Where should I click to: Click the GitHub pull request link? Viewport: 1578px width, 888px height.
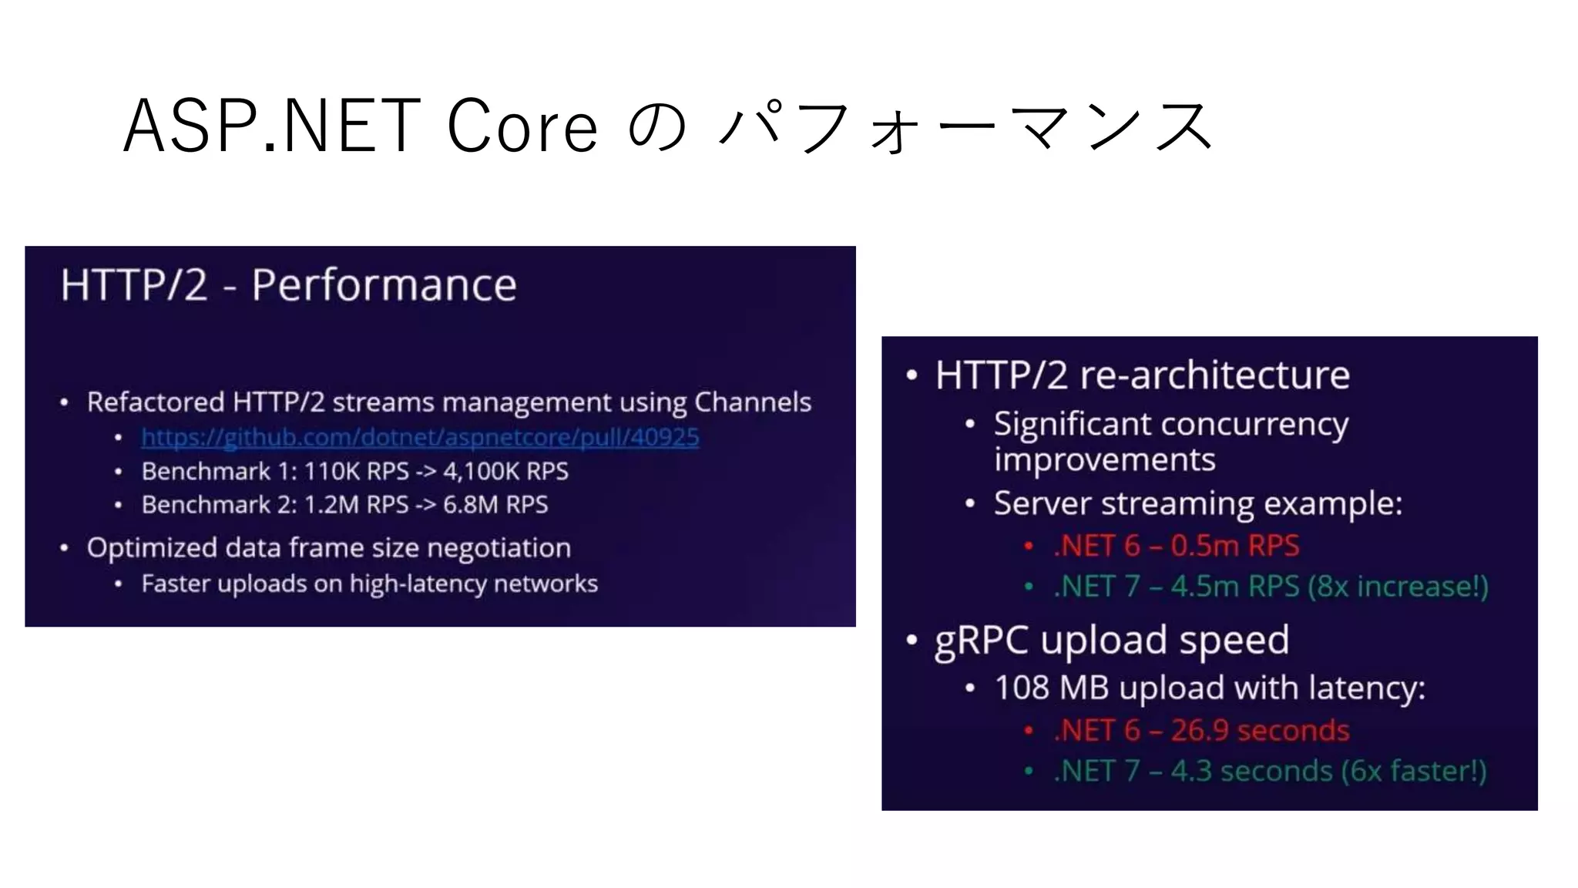click(420, 437)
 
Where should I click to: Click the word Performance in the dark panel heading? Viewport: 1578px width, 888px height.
click(384, 285)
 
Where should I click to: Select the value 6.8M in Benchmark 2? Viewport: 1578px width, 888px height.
click(470, 505)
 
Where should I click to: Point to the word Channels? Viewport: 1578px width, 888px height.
click(752, 402)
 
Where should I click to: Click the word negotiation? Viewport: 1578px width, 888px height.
click(499, 548)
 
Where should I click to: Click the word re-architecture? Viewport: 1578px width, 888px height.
click(1214, 375)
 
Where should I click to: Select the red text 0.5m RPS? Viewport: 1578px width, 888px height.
click(1234, 546)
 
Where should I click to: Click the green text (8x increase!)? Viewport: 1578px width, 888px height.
click(1398, 587)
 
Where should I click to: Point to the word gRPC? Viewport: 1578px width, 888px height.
click(981, 641)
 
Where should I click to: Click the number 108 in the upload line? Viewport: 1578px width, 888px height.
click(1022, 688)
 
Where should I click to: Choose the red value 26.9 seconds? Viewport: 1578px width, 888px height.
click(1260, 731)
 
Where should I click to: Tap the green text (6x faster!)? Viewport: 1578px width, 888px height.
click(1414, 771)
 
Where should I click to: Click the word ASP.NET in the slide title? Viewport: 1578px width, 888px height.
click(271, 126)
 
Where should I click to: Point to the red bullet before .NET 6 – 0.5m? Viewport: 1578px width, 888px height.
click(1028, 547)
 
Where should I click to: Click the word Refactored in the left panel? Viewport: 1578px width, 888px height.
click(155, 402)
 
